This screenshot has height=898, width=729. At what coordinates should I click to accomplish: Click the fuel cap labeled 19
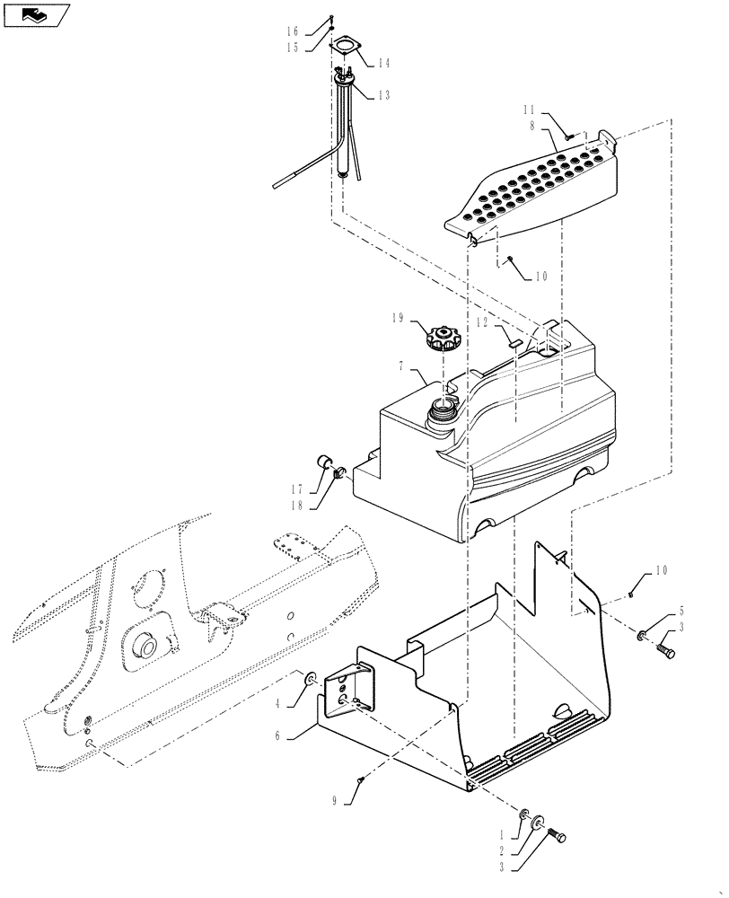tap(443, 339)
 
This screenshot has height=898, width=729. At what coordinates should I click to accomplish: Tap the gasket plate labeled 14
tap(347, 50)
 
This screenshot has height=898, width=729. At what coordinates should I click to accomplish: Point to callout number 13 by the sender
tap(383, 95)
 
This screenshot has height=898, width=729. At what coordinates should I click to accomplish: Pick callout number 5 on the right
tap(681, 611)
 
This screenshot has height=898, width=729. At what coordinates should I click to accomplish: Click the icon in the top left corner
tap(36, 14)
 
